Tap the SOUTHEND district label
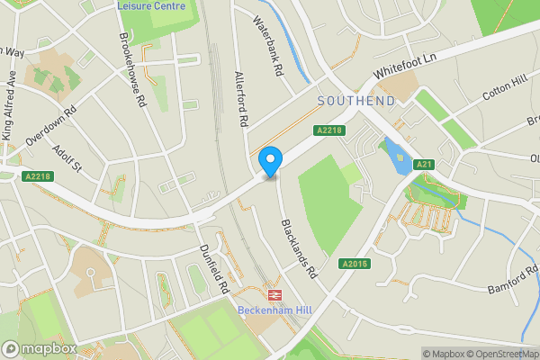click(x=356, y=101)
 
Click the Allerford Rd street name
click(x=240, y=98)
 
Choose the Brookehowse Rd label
click(x=131, y=71)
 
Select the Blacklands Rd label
click(x=299, y=247)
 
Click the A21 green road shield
click(x=425, y=164)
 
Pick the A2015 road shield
click(x=355, y=264)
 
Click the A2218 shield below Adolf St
click(x=38, y=176)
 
